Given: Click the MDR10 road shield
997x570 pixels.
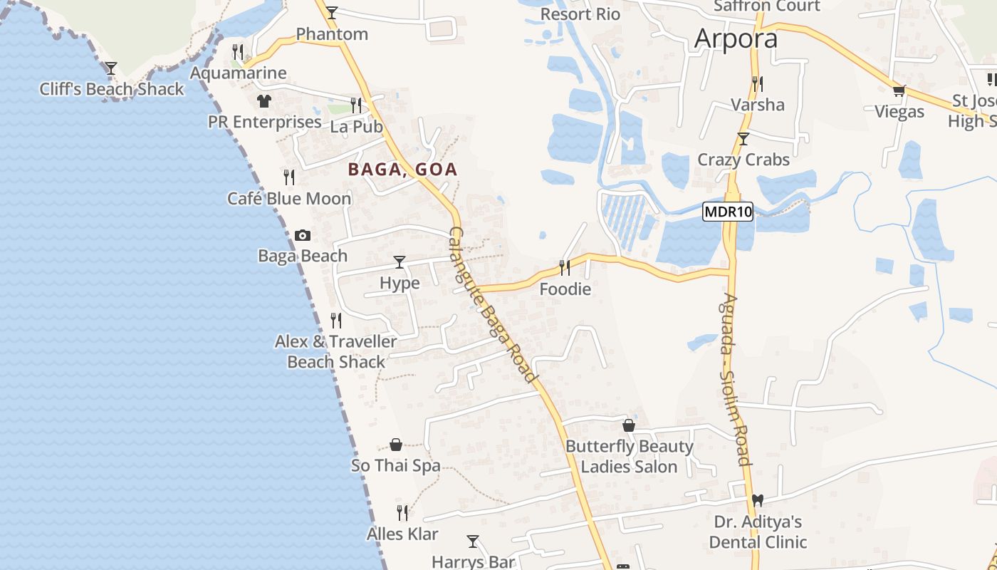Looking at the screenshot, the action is pyautogui.click(x=727, y=212).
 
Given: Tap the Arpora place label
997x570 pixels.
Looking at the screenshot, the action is pyautogui.click(x=736, y=38).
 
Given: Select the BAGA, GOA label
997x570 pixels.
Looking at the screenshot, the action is pyautogui.click(x=402, y=170).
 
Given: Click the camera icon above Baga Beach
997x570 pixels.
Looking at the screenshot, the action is pyautogui.click(x=303, y=235).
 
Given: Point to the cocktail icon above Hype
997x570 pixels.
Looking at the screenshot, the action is pyautogui.click(x=400, y=262).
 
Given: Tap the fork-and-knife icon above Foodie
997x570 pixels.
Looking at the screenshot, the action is pyautogui.click(x=565, y=268).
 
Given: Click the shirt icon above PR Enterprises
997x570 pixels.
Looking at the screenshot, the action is pyautogui.click(x=264, y=101).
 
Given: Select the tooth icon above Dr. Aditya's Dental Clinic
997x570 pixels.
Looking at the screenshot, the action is pyautogui.click(x=758, y=501).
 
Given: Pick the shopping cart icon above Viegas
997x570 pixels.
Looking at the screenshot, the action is pyautogui.click(x=899, y=90).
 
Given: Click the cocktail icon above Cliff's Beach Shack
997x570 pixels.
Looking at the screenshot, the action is pyautogui.click(x=111, y=68).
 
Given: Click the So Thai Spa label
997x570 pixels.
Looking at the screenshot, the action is pyautogui.click(x=396, y=466).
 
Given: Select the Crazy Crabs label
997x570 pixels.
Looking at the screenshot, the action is pyautogui.click(x=743, y=160).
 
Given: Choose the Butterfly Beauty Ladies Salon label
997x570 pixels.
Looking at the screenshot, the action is pyautogui.click(x=629, y=457).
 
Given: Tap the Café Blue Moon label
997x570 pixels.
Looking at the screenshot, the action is pyautogui.click(x=289, y=199).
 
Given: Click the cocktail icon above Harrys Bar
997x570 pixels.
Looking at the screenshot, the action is pyautogui.click(x=473, y=541).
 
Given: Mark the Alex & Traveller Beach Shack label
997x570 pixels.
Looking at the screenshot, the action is pyautogui.click(x=336, y=351).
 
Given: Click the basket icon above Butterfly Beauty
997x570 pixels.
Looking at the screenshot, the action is pyautogui.click(x=629, y=426).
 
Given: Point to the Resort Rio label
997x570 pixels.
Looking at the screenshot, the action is pyautogui.click(x=580, y=14).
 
